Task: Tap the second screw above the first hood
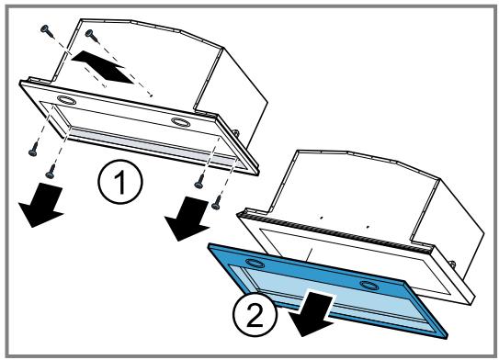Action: [92, 36]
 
